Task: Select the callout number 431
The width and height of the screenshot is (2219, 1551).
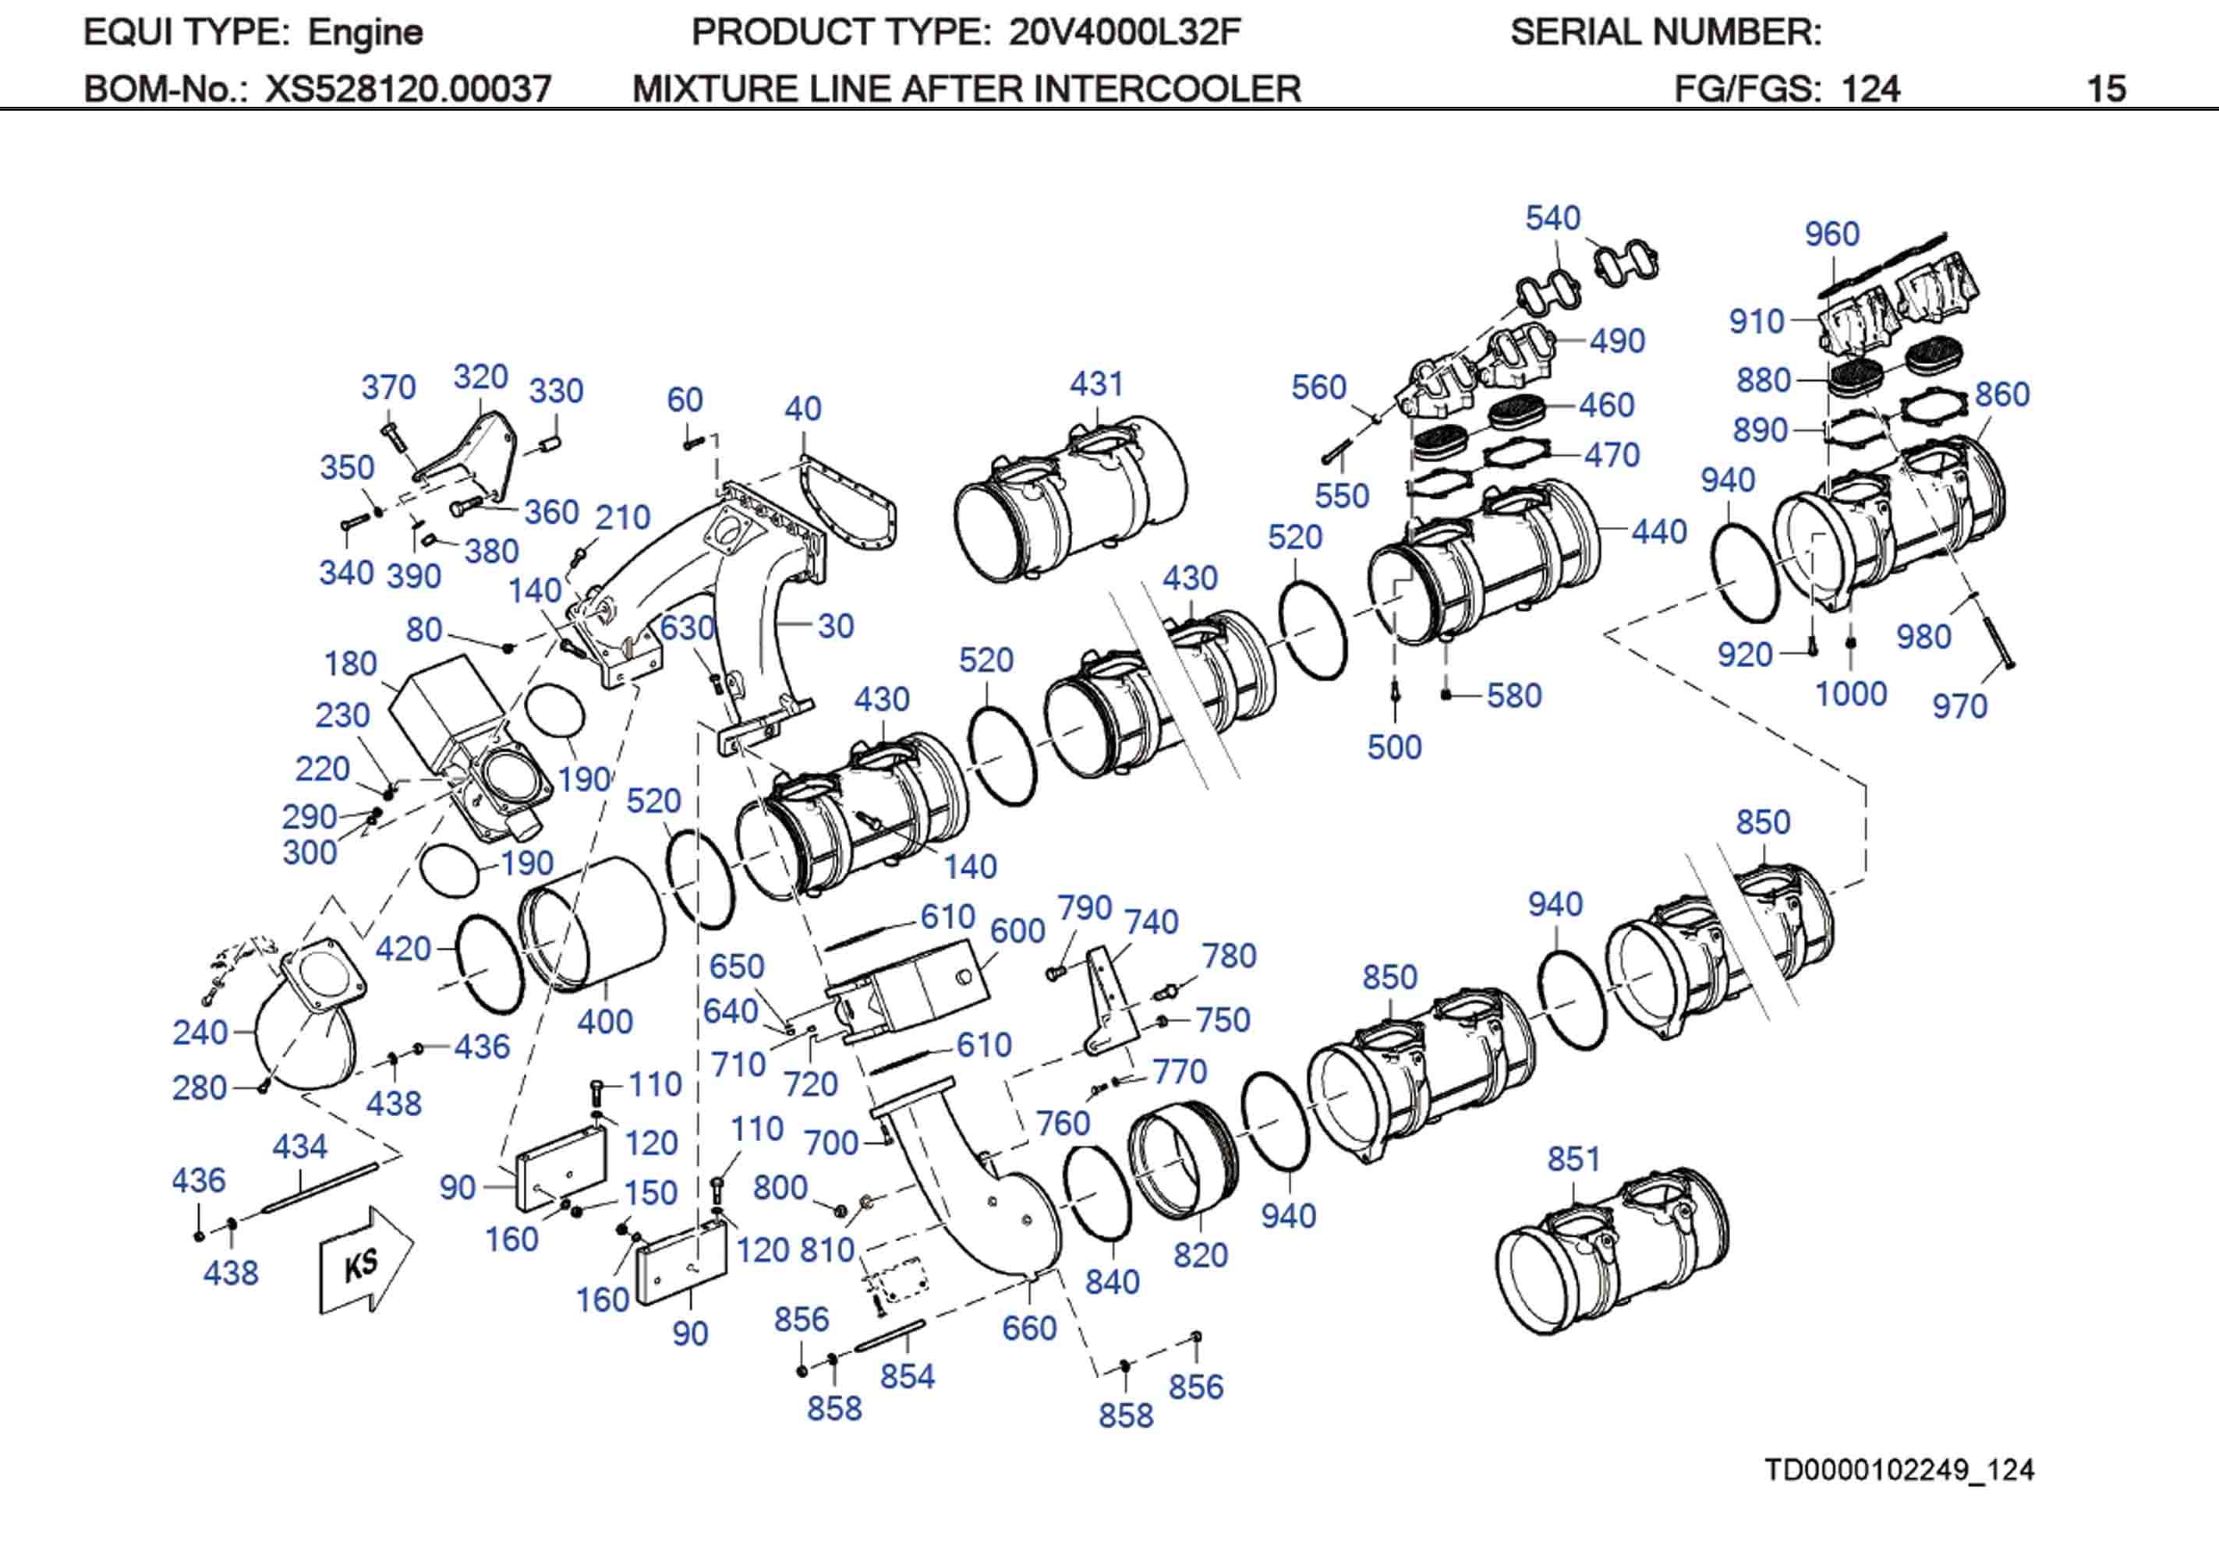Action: click(x=1096, y=383)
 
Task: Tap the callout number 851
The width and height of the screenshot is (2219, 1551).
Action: click(x=1573, y=1159)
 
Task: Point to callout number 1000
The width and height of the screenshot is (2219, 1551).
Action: click(x=1851, y=694)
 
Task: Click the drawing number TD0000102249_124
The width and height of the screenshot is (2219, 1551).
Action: click(x=1899, y=1470)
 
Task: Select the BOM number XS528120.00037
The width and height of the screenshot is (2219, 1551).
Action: click(x=408, y=89)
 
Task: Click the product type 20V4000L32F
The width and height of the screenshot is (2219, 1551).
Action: click(x=1124, y=33)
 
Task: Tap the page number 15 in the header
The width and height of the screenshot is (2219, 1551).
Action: click(x=2106, y=89)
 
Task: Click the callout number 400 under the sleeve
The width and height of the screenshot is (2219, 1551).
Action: click(x=605, y=1022)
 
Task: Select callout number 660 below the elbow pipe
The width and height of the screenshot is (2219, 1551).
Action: click(x=1029, y=1328)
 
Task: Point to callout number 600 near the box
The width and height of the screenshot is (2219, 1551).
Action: click(x=1017, y=931)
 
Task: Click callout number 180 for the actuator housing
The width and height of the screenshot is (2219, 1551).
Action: click(x=350, y=664)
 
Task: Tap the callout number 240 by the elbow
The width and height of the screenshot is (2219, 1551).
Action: click(x=200, y=1032)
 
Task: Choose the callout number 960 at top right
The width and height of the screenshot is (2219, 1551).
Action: click(x=1831, y=234)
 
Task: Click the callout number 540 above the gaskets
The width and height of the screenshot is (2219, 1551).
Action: click(x=1552, y=217)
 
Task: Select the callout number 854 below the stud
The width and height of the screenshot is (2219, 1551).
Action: click(x=907, y=1376)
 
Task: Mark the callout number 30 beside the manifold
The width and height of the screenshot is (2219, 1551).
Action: click(x=835, y=626)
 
